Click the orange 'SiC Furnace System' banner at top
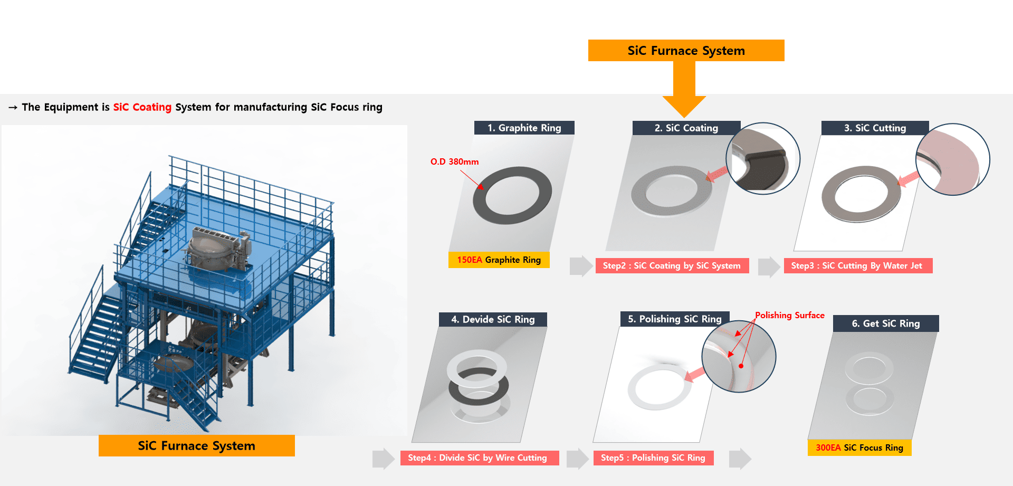[686, 51]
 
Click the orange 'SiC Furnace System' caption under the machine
[196, 446]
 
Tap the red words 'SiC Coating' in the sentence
[142, 107]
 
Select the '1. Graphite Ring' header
[524, 128]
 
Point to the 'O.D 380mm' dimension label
[454, 161]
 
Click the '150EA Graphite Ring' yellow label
[499, 260]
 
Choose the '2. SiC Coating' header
[686, 128]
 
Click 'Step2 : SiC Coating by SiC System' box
[672, 265]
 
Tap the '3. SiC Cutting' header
[875, 128]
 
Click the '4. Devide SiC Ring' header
[493, 319]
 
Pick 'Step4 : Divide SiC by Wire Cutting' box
[477, 458]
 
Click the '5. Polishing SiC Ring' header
[674, 319]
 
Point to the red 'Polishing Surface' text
[789, 315]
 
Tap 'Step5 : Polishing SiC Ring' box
[653, 458]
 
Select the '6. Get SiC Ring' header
[885, 323]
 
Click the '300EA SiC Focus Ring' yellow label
[859, 447]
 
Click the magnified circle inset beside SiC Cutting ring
[952, 159]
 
